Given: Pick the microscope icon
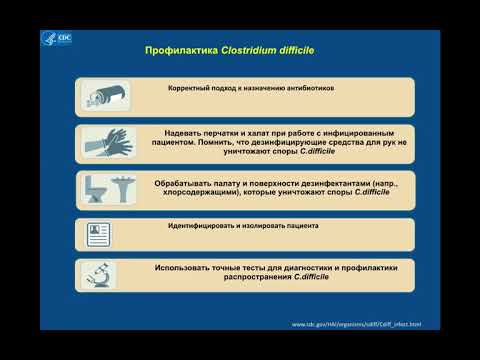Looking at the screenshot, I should pos(99,277).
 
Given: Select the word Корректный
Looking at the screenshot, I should pos(191,88).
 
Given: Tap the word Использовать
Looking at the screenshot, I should pos(191,268).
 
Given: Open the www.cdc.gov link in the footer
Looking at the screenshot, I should pos(355,324).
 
